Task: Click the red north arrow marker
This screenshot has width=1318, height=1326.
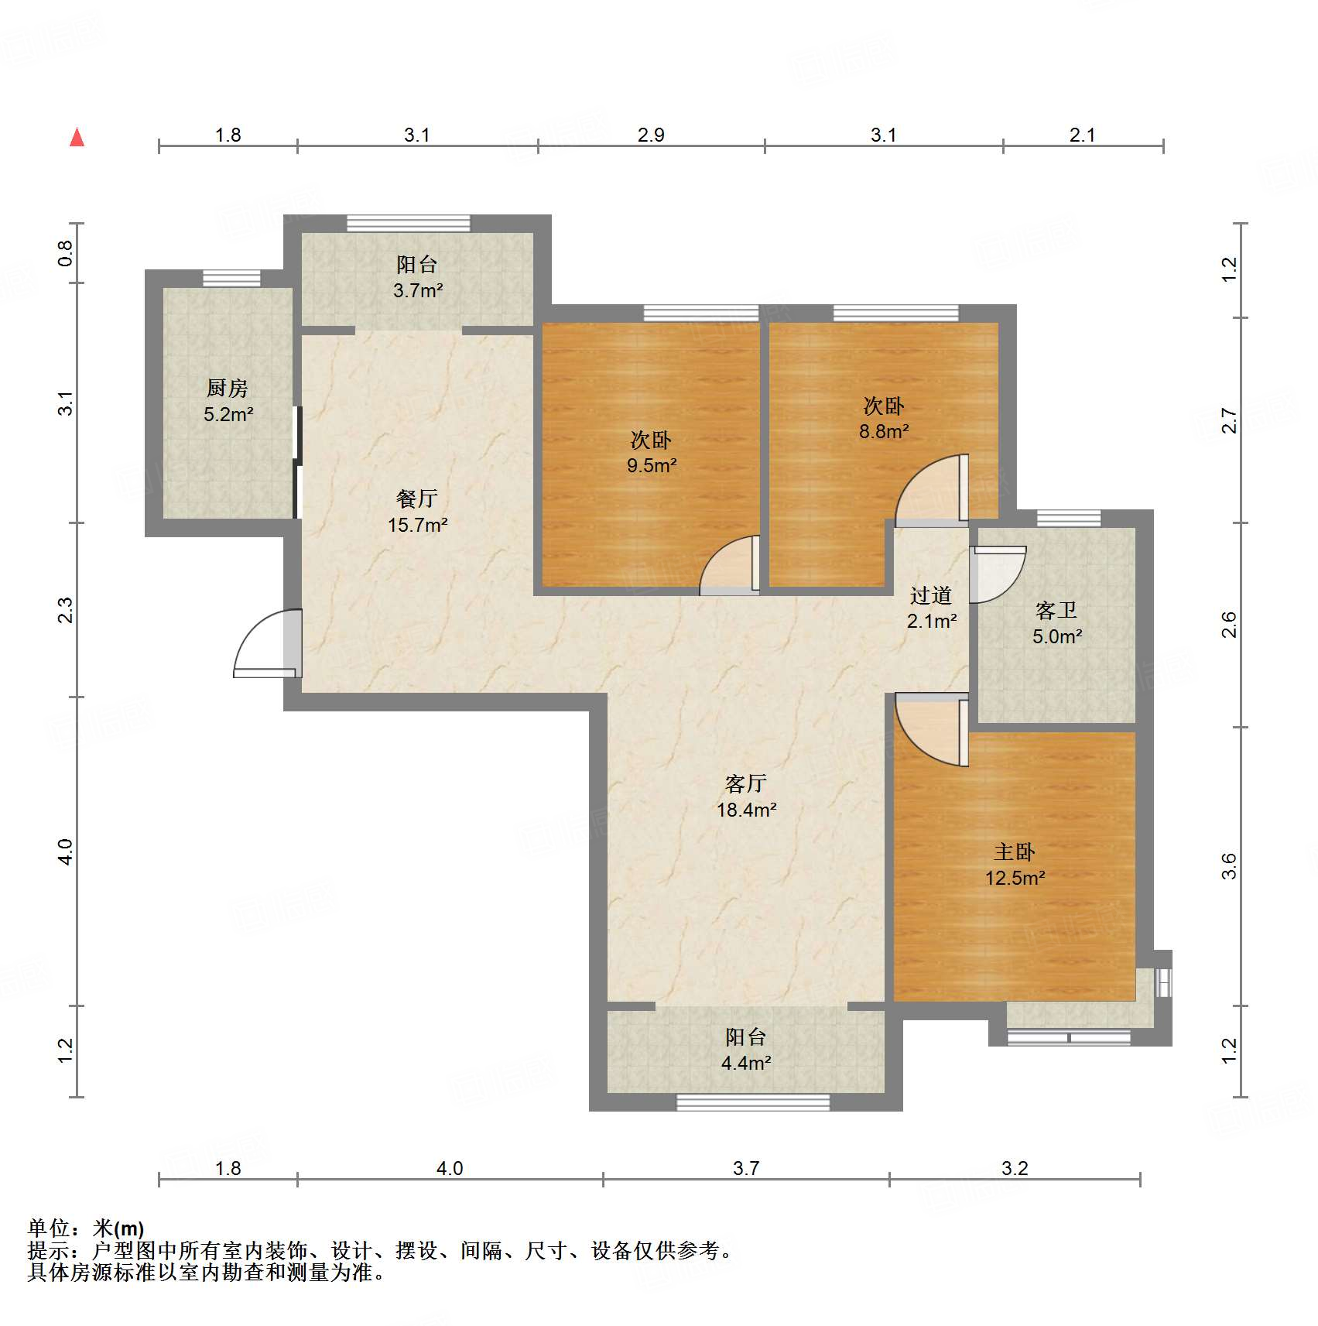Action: click(x=77, y=138)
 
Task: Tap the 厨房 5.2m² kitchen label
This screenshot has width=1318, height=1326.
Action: click(x=228, y=401)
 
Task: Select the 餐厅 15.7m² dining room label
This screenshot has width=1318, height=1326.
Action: click(x=417, y=512)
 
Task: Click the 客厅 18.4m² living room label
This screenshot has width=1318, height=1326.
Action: click(x=746, y=797)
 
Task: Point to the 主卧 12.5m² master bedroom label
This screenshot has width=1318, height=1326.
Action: click(x=1015, y=865)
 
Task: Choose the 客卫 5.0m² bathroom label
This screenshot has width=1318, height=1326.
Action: click(x=1056, y=623)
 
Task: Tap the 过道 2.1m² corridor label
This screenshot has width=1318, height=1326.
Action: click(x=931, y=608)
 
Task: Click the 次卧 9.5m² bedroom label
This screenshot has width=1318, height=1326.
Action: click(x=651, y=453)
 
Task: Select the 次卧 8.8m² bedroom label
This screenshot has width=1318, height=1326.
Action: click(x=883, y=419)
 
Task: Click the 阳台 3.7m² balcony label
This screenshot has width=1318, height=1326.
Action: click(x=417, y=277)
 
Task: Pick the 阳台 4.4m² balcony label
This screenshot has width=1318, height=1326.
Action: click(x=746, y=1050)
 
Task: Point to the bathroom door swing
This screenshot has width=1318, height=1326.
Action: click(x=998, y=574)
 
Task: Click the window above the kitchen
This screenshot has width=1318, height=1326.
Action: click(x=231, y=278)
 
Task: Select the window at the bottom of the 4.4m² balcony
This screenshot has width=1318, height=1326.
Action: click(x=753, y=1102)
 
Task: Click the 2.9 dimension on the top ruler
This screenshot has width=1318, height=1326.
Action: click(x=651, y=135)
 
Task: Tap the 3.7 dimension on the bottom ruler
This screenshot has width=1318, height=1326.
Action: click(x=746, y=1168)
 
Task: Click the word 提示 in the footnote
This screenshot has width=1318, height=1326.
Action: click(x=48, y=1250)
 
